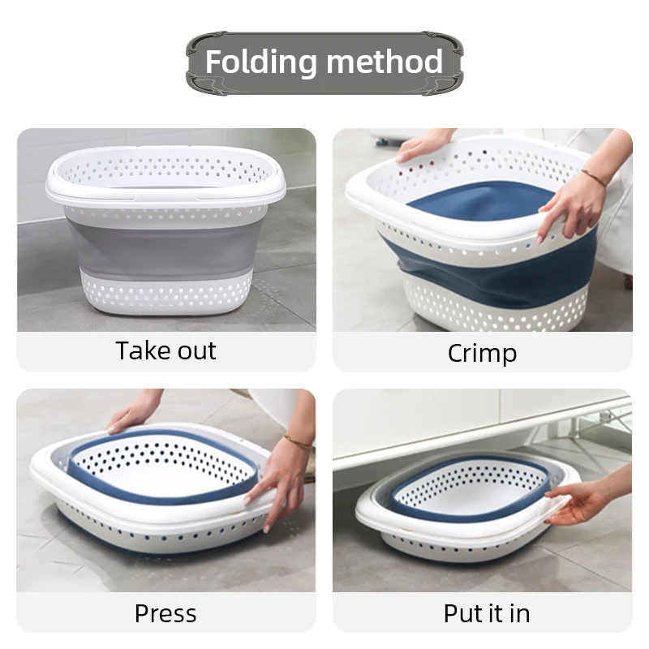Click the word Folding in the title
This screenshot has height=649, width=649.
click(x=260, y=62)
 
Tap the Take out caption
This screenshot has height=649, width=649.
click(x=166, y=351)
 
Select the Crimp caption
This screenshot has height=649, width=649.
click(x=482, y=353)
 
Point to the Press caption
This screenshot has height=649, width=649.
click(x=165, y=612)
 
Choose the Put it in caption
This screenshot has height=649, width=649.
click(x=487, y=612)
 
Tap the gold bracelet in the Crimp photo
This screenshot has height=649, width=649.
click(x=594, y=178)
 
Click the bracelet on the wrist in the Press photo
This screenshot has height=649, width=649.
click(x=298, y=442)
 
